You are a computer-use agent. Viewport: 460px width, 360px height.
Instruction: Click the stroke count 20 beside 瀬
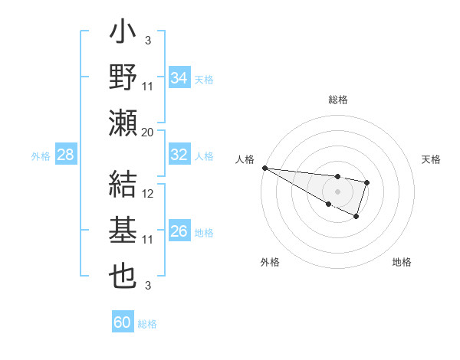(x=148, y=132)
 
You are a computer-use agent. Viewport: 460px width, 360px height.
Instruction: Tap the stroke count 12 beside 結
(x=149, y=194)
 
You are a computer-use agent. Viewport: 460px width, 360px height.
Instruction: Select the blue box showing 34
(x=179, y=77)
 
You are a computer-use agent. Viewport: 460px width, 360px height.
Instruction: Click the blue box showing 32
(x=179, y=155)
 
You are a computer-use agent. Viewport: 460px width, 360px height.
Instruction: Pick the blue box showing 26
(x=179, y=231)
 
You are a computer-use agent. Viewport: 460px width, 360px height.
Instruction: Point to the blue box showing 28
(x=66, y=155)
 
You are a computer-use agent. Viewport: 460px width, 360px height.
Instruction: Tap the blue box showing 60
(x=123, y=322)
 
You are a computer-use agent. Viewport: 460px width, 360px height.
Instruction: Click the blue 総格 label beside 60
(x=147, y=324)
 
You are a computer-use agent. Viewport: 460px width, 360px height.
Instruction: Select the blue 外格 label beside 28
(x=41, y=156)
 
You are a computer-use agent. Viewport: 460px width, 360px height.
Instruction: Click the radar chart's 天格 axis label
(x=432, y=159)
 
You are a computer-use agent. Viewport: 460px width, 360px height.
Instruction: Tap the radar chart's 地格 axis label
(x=402, y=262)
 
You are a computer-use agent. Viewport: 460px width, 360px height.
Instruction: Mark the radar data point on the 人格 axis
(x=264, y=167)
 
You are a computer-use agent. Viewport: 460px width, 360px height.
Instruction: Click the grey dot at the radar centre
(x=337, y=191)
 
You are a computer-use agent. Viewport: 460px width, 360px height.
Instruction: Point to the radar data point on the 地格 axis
(x=356, y=217)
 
